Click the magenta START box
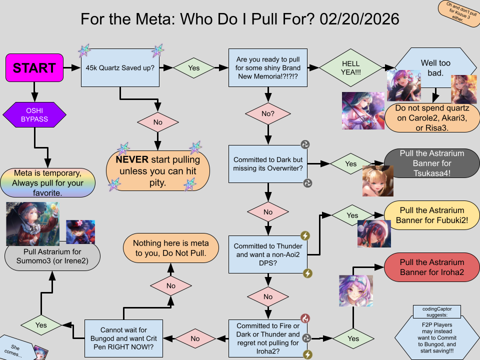pos(34,67)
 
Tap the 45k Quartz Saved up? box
pos(120,67)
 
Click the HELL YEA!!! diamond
pos(350,67)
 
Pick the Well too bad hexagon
pos(435,67)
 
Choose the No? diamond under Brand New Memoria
pos(268,113)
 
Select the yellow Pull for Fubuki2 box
pos(432,215)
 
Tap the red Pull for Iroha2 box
pos(432,267)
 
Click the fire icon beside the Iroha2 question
pos(306,318)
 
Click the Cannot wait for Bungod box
pos(123,338)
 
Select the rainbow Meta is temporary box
pos(47,182)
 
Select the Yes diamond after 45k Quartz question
pos(193,67)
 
